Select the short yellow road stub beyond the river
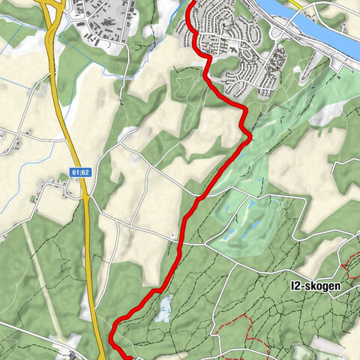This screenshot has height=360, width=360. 295,4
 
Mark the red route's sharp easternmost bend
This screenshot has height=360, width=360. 248,134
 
